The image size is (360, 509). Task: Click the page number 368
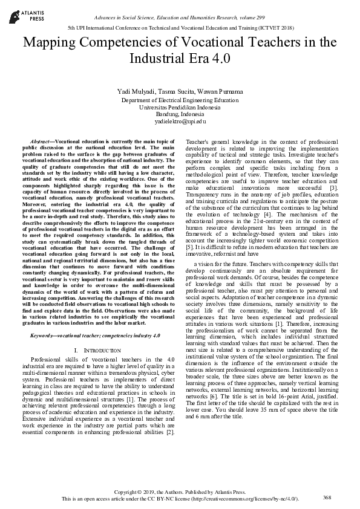[327, 498]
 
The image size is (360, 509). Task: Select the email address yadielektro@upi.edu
[180, 122]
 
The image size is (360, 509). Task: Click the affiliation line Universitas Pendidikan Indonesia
[180, 107]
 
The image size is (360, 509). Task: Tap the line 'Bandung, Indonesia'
[180, 114]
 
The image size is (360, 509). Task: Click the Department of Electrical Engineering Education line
[180, 100]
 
